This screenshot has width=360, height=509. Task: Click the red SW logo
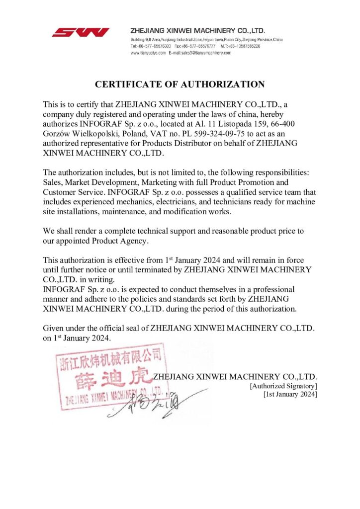pyautogui.click(x=81, y=32)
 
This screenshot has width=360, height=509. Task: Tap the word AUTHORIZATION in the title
pyautogui.click(x=224, y=85)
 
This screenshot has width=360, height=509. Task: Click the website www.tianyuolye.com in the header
pyautogui.click(x=148, y=52)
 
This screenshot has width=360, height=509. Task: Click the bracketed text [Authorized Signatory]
pyautogui.click(x=283, y=385)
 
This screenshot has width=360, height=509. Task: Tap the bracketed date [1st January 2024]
pyautogui.click(x=290, y=394)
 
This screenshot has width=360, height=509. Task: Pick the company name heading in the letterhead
pyautogui.click(x=197, y=30)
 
